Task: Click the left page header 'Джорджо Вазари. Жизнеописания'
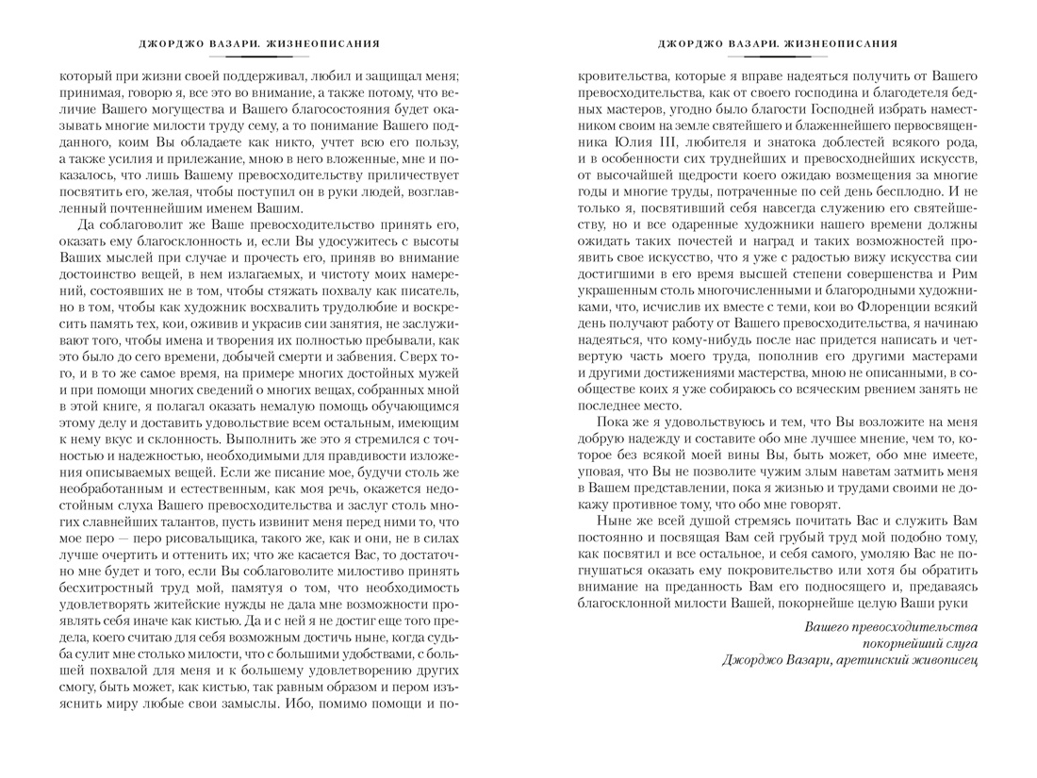(x=258, y=43)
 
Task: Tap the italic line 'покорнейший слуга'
(x=920, y=643)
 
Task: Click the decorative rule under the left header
(x=258, y=57)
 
